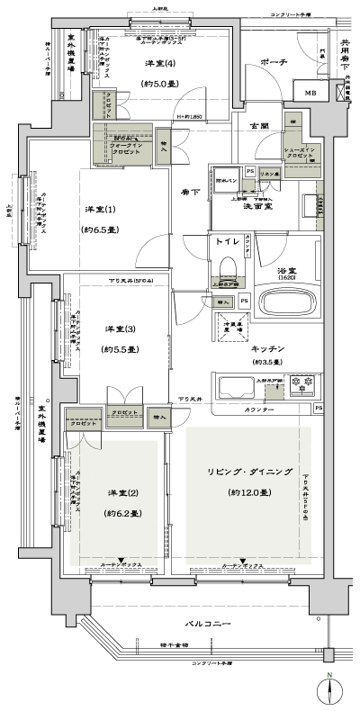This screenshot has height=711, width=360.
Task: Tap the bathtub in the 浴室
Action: point(286,299)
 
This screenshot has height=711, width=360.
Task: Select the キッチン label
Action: point(268,347)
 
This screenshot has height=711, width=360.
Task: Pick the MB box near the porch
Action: point(310,94)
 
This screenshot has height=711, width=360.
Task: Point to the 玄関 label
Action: point(258,125)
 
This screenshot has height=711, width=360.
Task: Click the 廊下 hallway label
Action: point(189,191)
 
